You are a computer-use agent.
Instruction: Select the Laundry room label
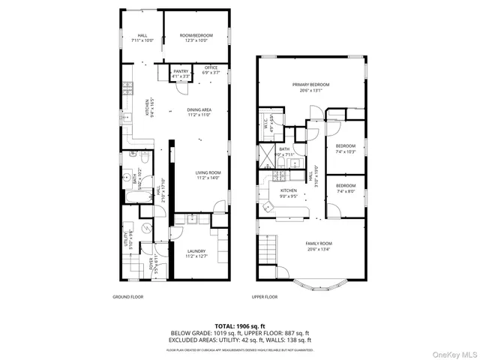coord(196,253)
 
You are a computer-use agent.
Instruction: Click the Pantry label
coord(180,73)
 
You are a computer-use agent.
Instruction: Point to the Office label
coord(211,70)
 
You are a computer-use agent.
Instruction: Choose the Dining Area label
coord(199,112)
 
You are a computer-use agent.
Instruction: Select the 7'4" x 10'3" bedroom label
coord(345,148)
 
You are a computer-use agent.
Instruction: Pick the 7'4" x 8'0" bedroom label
coord(345,187)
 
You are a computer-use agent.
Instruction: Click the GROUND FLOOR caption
coord(127,297)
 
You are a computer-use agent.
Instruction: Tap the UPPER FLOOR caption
coord(265,297)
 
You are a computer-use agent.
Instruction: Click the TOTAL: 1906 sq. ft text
coord(240,325)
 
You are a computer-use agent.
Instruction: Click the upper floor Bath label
coord(284,151)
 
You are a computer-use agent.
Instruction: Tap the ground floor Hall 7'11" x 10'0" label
coord(142,37)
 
